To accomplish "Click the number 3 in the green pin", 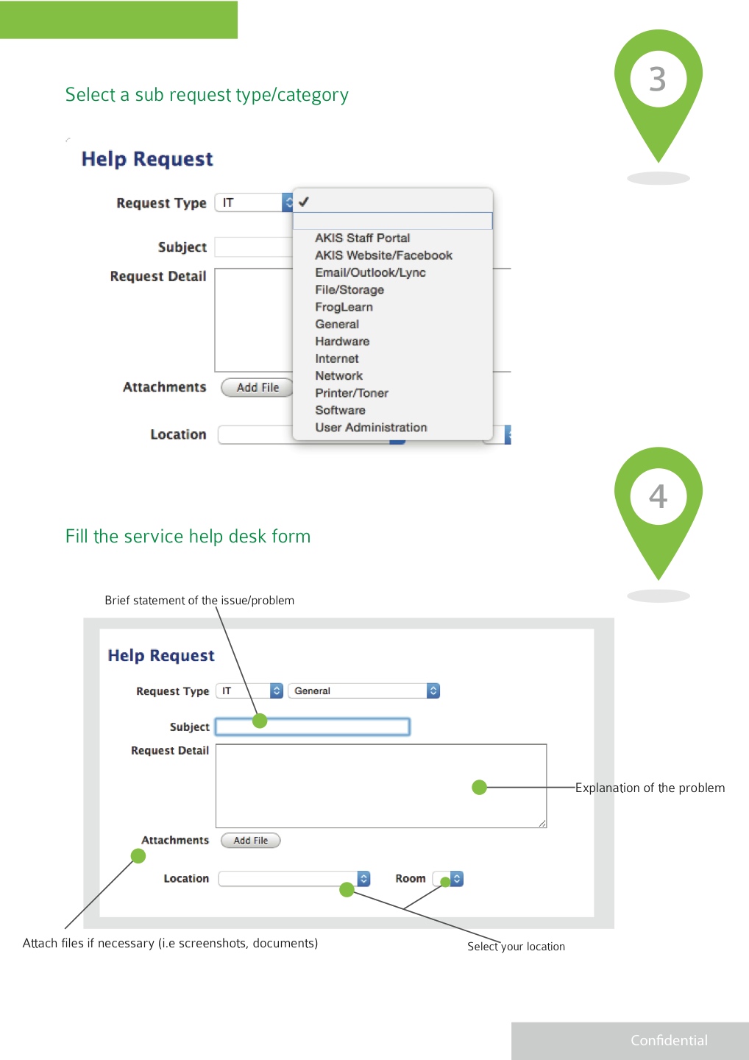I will [658, 79].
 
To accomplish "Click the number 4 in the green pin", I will [658, 496].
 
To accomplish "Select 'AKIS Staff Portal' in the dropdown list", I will [362, 238].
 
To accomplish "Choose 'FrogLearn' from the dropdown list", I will [344, 307].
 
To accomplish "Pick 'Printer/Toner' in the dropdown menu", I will [351, 393].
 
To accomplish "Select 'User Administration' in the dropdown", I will [371, 428].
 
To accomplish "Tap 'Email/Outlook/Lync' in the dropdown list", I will [370, 272].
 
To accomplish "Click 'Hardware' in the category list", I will [342, 342].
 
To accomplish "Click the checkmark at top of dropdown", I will [303, 202].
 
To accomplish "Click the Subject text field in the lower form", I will [313, 727].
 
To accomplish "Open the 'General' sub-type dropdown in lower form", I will [363, 690].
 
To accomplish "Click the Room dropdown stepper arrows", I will [457, 879].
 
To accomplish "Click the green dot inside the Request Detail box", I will [479, 788].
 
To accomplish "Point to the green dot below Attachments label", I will [138, 855].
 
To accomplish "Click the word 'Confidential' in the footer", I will [669, 1040].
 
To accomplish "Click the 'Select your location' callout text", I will [516, 947].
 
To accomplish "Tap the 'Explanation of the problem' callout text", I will [650, 788].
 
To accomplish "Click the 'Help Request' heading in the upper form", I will [147, 159].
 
